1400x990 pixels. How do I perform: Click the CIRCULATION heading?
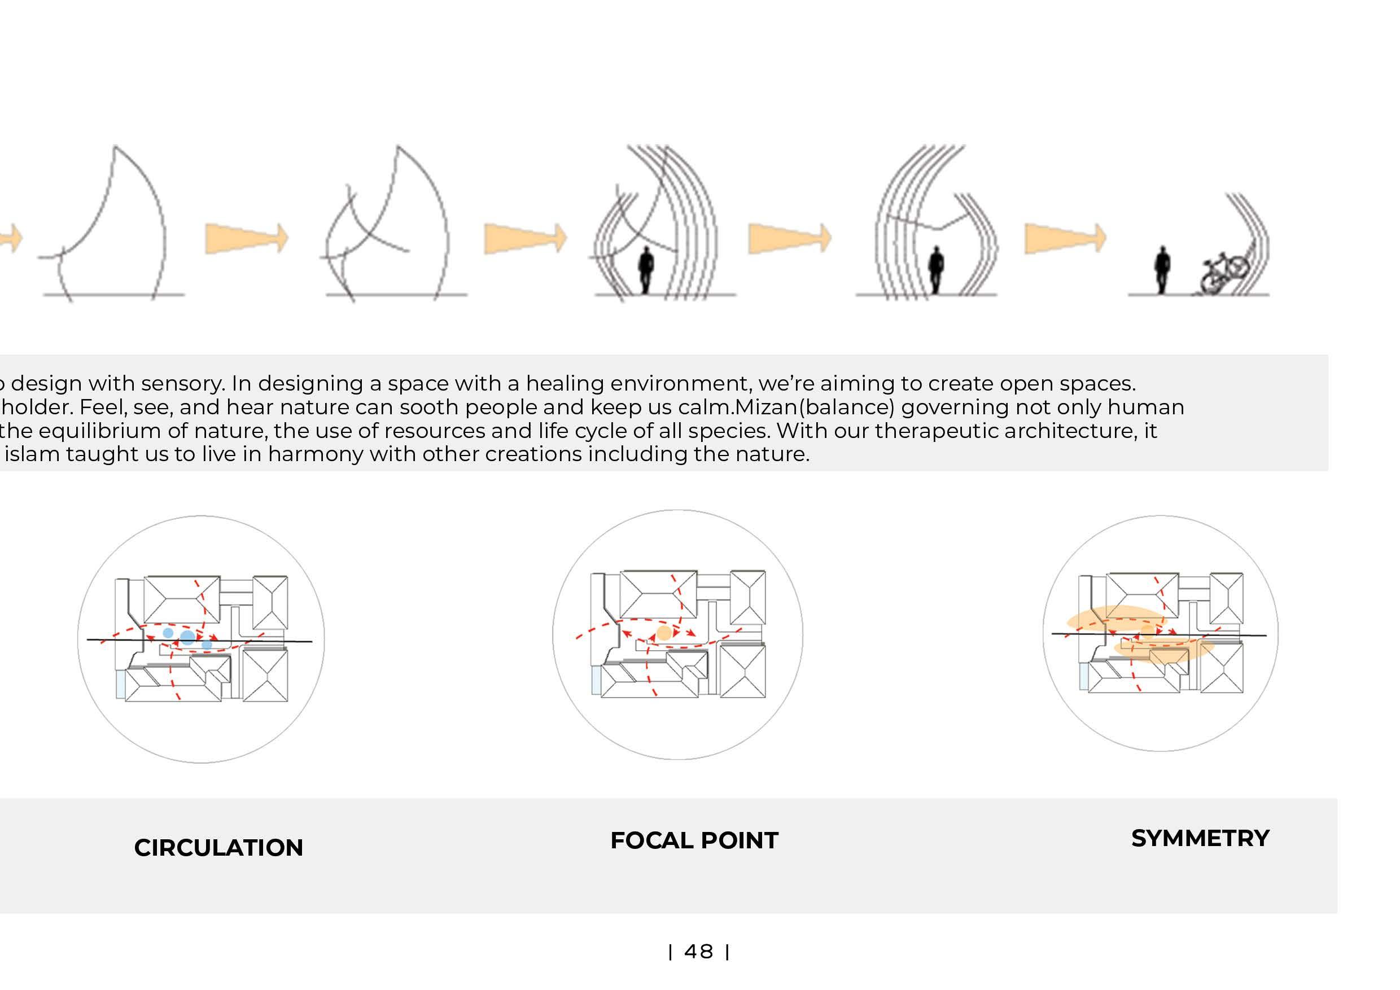[x=218, y=847]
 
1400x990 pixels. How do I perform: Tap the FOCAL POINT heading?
[x=694, y=840]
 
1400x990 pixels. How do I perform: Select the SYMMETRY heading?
[x=1200, y=838]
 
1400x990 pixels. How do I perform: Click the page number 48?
[x=699, y=952]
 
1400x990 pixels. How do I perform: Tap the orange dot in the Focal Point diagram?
[x=664, y=633]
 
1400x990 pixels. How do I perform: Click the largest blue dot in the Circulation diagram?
[x=188, y=638]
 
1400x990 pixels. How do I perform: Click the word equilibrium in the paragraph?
[x=100, y=431]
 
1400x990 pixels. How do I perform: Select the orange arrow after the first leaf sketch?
[x=246, y=238]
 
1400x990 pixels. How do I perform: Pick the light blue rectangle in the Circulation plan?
[x=120, y=684]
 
